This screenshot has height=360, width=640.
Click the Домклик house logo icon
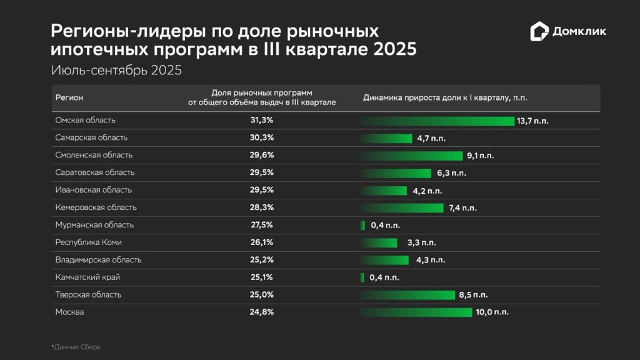pos(539,31)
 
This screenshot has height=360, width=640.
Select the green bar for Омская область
pos(437,121)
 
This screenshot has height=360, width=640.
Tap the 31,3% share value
pos(262,120)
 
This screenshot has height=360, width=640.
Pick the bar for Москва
pos(416,312)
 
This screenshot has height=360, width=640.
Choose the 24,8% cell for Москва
pos(262,312)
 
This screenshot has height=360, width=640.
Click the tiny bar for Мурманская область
pos(362,225)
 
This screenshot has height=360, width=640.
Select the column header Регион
pos(69,97)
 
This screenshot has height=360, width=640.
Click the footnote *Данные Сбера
pos(75,347)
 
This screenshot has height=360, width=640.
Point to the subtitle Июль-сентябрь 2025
pos(116,71)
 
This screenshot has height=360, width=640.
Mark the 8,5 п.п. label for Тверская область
pos(473,294)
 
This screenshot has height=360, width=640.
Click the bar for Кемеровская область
pos(402,207)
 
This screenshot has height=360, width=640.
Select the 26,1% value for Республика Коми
pos(262,242)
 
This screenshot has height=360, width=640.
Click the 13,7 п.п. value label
pos(532,121)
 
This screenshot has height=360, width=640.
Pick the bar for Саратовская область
pos(396,172)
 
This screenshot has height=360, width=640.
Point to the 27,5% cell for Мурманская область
pos(262,225)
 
